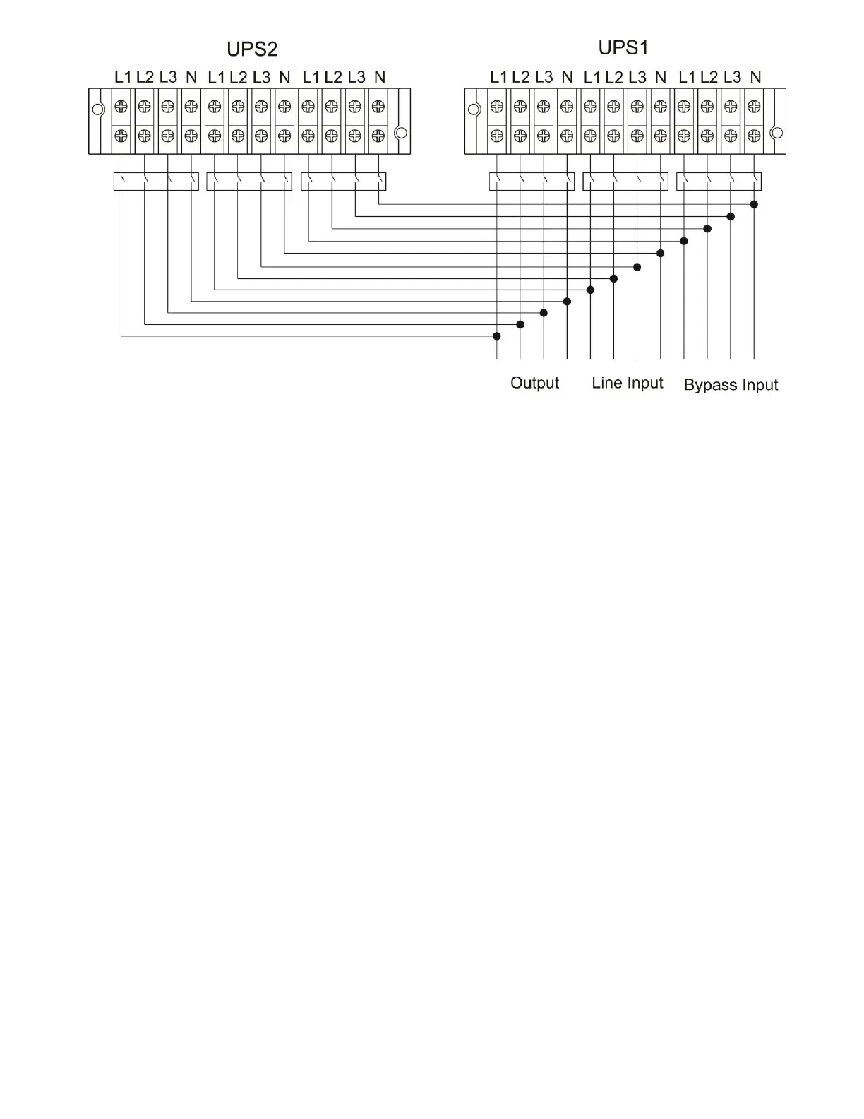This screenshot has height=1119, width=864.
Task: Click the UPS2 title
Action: (x=252, y=49)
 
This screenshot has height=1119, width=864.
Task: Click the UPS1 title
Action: (x=623, y=47)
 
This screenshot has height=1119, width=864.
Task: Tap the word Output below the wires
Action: (x=534, y=383)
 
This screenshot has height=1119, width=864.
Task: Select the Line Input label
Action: (x=628, y=383)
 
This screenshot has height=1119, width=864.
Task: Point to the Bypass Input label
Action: (x=731, y=385)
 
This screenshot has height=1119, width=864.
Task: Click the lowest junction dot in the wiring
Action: (x=497, y=336)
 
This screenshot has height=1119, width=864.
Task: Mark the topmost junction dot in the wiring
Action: (x=754, y=204)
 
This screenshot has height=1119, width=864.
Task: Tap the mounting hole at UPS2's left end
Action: (x=99, y=109)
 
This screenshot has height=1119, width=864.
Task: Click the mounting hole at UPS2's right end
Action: (x=401, y=133)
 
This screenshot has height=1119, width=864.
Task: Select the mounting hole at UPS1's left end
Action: (x=474, y=109)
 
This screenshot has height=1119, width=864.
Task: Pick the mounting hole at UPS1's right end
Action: (x=776, y=133)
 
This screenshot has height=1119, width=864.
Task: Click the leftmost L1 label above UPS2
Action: (x=123, y=77)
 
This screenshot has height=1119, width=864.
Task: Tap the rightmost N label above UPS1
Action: (x=755, y=77)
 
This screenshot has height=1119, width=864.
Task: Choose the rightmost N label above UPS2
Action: (x=380, y=77)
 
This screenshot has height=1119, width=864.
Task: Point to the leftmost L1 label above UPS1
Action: (x=498, y=77)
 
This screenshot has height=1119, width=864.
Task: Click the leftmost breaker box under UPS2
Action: (x=156, y=182)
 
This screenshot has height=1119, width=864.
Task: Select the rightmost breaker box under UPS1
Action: (x=719, y=182)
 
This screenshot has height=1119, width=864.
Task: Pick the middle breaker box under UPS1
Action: (x=625, y=182)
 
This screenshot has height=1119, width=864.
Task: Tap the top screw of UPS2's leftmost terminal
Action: (x=121, y=107)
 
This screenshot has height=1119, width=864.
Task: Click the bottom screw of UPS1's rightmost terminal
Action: (x=754, y=136)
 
